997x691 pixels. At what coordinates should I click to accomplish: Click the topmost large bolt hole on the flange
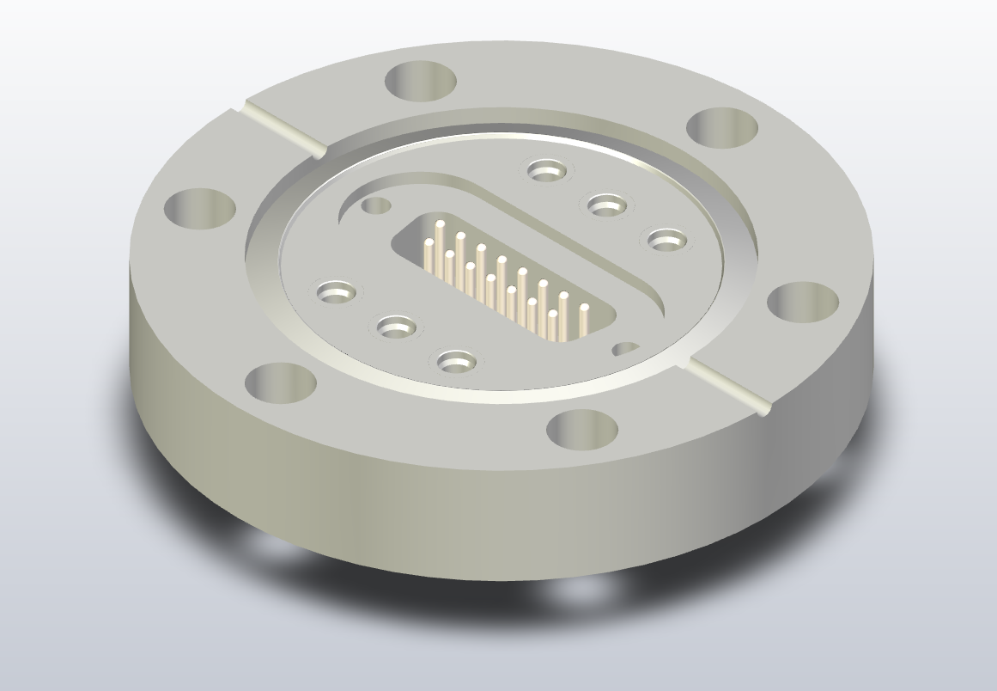[x=421, y=82]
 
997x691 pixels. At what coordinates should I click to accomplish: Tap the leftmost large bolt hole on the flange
[x=199, y=209]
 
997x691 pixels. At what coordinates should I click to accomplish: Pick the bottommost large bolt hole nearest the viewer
[x=582, y=429]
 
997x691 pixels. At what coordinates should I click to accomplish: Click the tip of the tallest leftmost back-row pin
[x=440, y=224]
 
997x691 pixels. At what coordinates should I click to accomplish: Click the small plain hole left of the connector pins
[x=375, y=205]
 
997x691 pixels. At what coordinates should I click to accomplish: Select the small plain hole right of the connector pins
[x=625, y=349]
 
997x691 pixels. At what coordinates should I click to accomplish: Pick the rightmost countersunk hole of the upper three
[x=666, y=241]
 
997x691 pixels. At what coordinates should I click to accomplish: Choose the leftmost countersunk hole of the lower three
[x=337, y=292]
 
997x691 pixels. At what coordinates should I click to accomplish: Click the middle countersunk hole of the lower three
[x=396, y=327]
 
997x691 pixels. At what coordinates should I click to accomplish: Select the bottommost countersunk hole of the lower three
[x=456, y=361]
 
